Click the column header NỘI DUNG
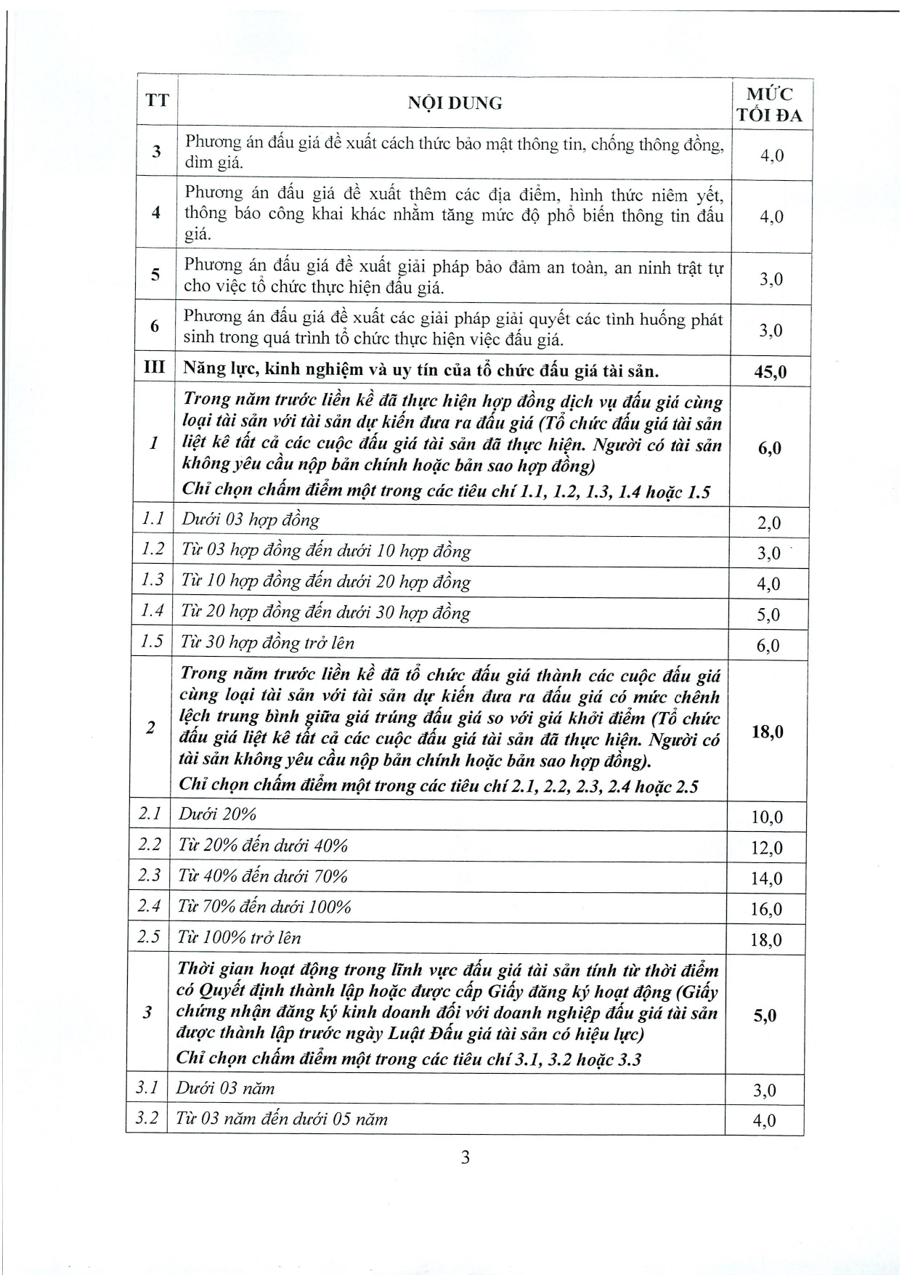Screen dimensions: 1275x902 coord(455,103)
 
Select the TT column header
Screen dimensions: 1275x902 coord(157,100)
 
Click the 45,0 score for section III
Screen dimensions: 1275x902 coord(770,372)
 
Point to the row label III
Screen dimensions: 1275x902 coord(155,368)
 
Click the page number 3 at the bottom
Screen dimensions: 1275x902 coord(465,1157)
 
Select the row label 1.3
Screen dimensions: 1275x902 coord(153,580)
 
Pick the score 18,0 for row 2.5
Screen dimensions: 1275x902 coord(766,940)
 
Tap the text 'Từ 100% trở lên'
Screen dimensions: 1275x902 coord(239,937)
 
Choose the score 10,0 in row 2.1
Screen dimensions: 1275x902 coord(767,817)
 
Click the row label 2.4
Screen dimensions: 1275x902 coord(150,905)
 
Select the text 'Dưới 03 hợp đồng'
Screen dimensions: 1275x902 coord(250,519)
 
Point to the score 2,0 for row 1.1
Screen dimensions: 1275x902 coord(768,523)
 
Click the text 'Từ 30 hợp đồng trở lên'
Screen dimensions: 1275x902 coord(267,642)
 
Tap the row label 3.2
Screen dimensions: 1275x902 coord(147,1117)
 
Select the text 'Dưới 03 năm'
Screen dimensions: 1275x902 coord(225,1088)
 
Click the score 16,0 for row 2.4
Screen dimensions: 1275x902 coord(766,909)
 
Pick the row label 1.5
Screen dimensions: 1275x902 coord(152,641)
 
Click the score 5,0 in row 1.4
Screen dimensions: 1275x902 coord(768,615)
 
